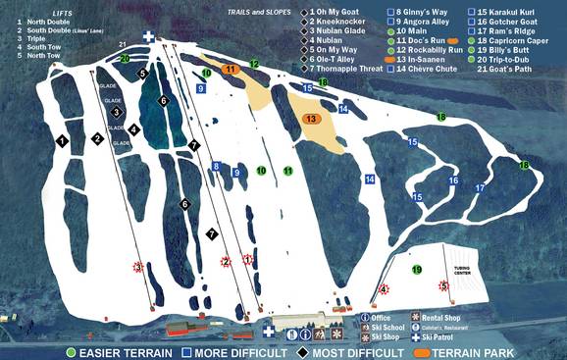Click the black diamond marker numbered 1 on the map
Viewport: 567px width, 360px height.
tap(62, 141)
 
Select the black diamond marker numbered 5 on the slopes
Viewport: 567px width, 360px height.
tap(142, 73)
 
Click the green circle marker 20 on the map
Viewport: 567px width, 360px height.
tap(125, 59)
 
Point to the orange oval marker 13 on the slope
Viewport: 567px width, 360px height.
tap(311, 118)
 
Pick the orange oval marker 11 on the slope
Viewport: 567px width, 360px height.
tap(231, 70)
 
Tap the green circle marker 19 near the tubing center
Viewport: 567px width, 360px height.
tap(417, 270)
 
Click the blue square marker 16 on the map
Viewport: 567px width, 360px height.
tap(453, 180)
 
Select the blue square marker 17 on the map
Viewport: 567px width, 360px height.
tap(480, 187)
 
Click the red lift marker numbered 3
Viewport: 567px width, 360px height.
tap(138, 266)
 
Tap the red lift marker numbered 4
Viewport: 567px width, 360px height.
tap(384, 289)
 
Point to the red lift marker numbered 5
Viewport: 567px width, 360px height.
tap(442, 285)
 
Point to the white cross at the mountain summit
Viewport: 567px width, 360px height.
tap(148, 36)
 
